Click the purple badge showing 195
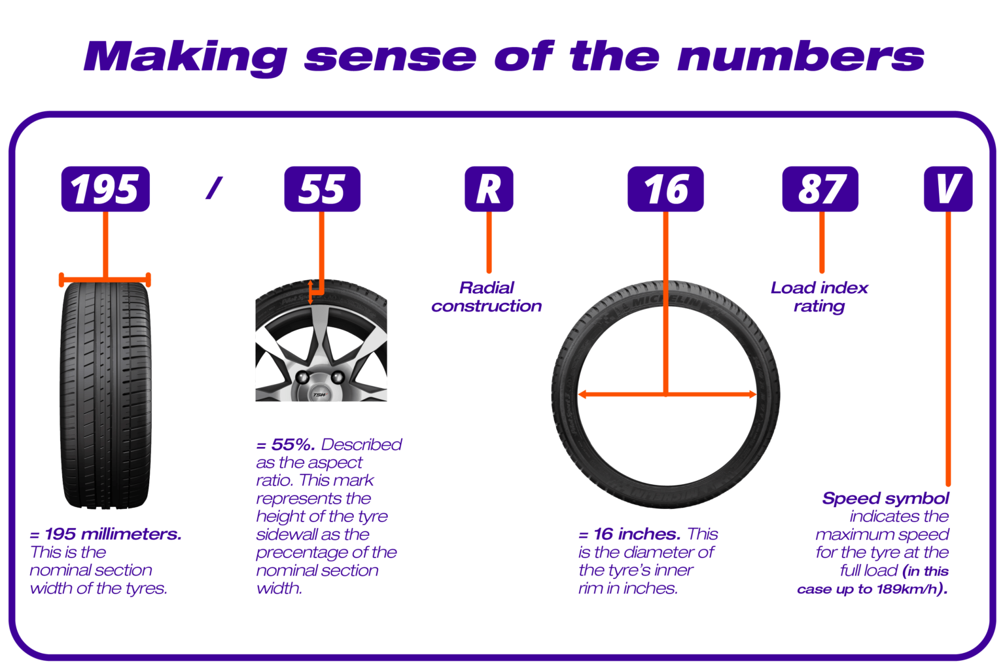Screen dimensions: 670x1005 (x=105, y=189)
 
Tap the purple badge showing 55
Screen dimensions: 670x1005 (x=322, y=189)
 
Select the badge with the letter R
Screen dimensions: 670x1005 (x=489, y=189)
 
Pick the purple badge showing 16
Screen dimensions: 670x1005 (x=665, y=189)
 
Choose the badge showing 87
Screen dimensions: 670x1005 (x=820, y=189)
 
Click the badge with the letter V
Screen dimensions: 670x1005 (x=947, y=189)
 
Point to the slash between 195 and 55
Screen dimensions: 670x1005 (x=214, y=188)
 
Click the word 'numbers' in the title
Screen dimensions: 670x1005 (x=800, y=57)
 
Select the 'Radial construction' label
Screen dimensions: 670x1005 (x=487, y=297)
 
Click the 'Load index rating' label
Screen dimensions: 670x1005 (x=819, y=297)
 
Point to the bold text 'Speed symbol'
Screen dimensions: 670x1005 (x=885, y=499)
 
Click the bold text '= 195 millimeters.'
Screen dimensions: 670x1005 (x=106, y=535)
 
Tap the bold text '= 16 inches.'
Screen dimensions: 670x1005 (x=629, y=535)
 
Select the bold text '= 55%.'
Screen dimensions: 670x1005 (x=286, y=445)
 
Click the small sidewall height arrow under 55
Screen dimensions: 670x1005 (x=311, y=292)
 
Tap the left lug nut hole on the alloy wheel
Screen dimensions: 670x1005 (x=303, y=378)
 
